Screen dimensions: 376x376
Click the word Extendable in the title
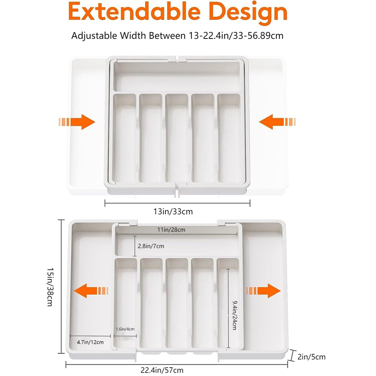coord(134,12)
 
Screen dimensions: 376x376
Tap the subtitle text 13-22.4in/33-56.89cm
coord(236,36)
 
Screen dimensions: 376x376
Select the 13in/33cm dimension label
coord(173,212)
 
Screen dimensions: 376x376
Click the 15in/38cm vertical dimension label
coord(50,287)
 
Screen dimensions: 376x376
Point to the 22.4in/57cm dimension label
coord(162,370)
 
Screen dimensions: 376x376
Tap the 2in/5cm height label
coord(311,357)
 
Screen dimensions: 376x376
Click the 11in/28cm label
coord(171,230)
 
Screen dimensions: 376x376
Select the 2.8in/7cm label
coord(151,246)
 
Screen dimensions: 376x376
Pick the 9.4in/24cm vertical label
coord(234,315)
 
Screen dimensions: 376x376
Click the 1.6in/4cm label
coord(125,329)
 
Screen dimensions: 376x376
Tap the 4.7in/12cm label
coord(90,342)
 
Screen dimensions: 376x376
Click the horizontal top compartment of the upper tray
coord(177,76)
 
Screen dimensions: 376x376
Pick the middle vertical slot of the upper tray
coord(177,138)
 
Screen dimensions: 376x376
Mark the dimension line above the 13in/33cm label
coord(177,203)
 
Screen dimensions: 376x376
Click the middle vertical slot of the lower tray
coord(177,303)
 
